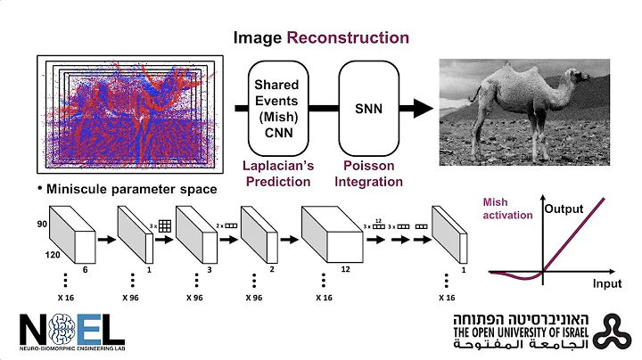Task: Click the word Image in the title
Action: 258,37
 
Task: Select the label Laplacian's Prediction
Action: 277,174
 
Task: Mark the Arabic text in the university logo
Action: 523,348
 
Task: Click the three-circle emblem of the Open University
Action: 614,331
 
